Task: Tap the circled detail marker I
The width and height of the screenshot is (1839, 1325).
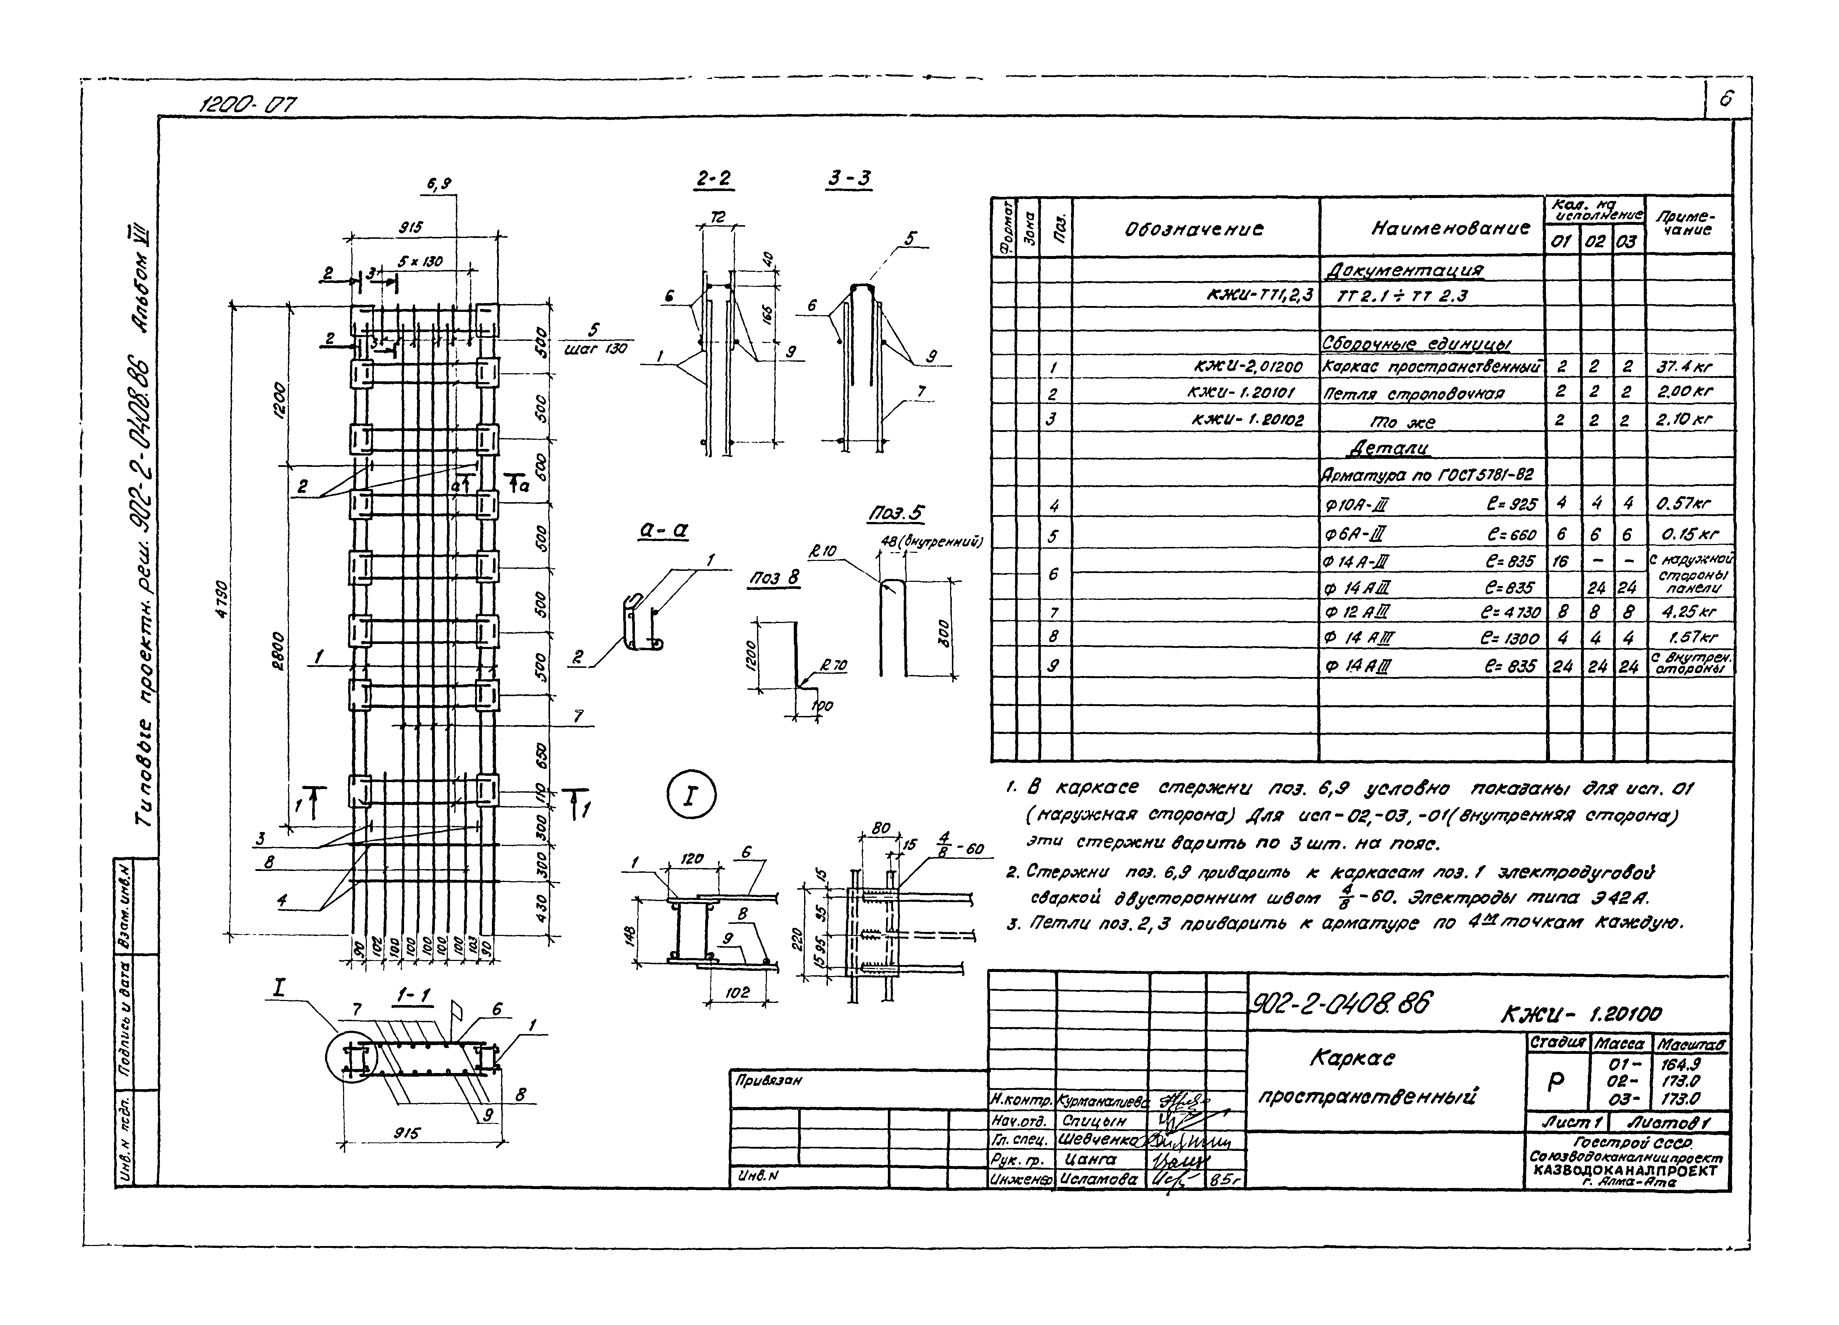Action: click(691, 795)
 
